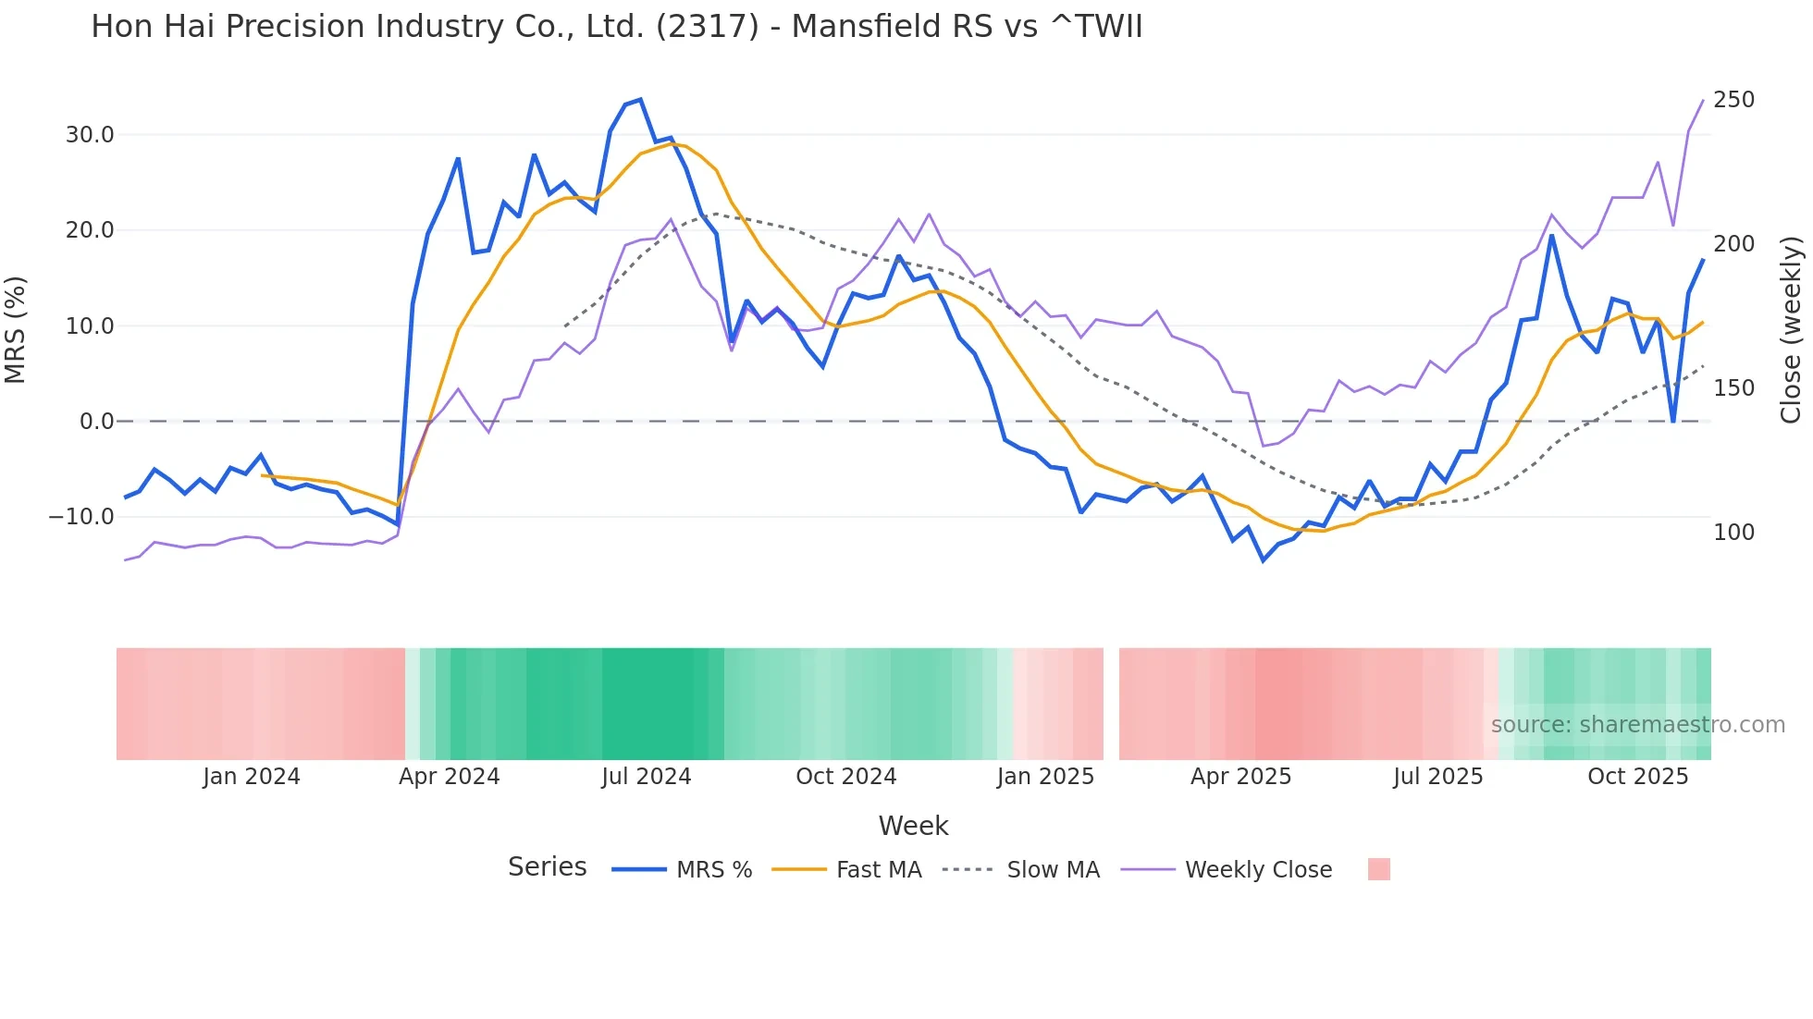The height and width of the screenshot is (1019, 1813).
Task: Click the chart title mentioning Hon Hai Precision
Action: tap(617, 27)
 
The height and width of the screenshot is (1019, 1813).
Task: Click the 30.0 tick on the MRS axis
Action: tap(90, 135)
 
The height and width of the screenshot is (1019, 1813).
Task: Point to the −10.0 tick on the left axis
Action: tap(81, 517)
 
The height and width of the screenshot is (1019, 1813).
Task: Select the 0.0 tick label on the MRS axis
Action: tap(96, 422)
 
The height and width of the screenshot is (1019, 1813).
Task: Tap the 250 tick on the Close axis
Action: tap(1733, 100)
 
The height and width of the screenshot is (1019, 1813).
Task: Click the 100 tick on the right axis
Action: tap(1733, 533)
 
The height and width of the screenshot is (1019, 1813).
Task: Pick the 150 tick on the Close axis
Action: tap(1733, 388)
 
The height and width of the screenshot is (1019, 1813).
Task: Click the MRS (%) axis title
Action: tap(16, 329)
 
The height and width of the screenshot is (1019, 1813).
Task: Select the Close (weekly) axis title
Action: tap(1791, 329)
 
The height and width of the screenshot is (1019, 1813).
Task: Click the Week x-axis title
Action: tap(913, 826)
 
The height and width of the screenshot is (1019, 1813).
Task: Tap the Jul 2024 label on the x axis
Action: tap(647, 777)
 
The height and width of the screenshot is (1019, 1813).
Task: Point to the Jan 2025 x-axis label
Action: tap(1045, 777)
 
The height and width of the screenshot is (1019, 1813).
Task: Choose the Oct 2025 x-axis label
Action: tap(1637, 777)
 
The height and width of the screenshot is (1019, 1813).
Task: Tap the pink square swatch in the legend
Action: tap(1378, 869)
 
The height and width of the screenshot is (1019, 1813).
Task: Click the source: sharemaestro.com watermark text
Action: tap(1637, 725)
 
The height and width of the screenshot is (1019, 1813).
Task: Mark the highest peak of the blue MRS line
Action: tap(640, 100)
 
